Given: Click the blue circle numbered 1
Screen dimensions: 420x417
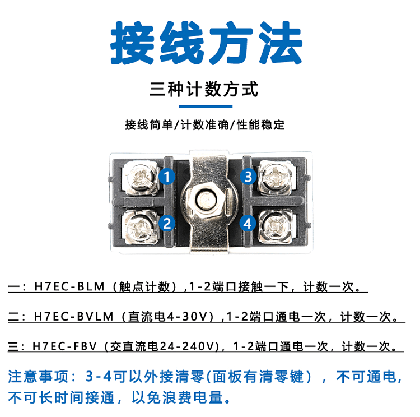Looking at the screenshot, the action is (167, 177).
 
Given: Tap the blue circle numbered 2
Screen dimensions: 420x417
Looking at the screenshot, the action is (167, 224).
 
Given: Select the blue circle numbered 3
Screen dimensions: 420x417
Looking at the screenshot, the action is (248, 177).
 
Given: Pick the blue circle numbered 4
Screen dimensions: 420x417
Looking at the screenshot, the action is (248, 224).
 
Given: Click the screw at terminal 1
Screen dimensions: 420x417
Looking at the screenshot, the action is (141, 178).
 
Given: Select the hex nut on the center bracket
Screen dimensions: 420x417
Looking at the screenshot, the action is (206, 200).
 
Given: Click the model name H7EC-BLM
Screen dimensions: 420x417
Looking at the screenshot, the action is (69, 286).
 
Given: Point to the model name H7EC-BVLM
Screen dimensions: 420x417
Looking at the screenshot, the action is (74, 317).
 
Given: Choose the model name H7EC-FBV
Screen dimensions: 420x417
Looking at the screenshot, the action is (64, 346).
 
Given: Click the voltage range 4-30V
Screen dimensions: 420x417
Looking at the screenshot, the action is (187, 317).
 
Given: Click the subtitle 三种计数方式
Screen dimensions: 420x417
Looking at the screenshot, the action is (204, 89).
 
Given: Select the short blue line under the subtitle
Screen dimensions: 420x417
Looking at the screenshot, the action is (206, 106).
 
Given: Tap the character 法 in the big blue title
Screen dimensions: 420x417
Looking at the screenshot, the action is (281, 43).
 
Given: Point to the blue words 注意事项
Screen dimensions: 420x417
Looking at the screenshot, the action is (39, 376).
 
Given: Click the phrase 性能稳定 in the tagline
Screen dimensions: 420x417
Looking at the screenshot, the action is (260, 125).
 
